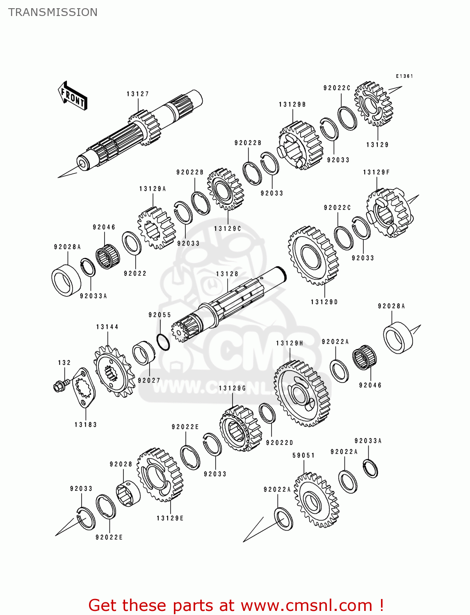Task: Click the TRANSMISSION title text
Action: pyautogui.click(x=53, y=12)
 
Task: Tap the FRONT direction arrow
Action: pyautogui.click(x=73, y=96)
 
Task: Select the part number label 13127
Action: pyautogui.click(x=138, y=94)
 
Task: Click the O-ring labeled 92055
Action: pyautogui.click(x=163, y=342)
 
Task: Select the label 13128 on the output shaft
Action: pyautogui.click(x=227, y=274)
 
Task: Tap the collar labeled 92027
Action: pyautogui.click(x=144, y=353)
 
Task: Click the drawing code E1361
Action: pyautogui.click(x=404, y=76)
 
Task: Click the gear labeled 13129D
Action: pyautogui.click(x=313, y=255)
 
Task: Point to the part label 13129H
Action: pyautogui.click(x=290, y=343)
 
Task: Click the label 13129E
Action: pyautogui.click(x=170, y=518)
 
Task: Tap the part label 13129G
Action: pyautogui.click(x=233, y=388)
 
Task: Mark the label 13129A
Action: pyautogui.click(x=153, y=189)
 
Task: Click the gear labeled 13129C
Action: pyautogui.click(x=226, y=189)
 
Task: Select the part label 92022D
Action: pyautogui.click(x=279, y=443)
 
